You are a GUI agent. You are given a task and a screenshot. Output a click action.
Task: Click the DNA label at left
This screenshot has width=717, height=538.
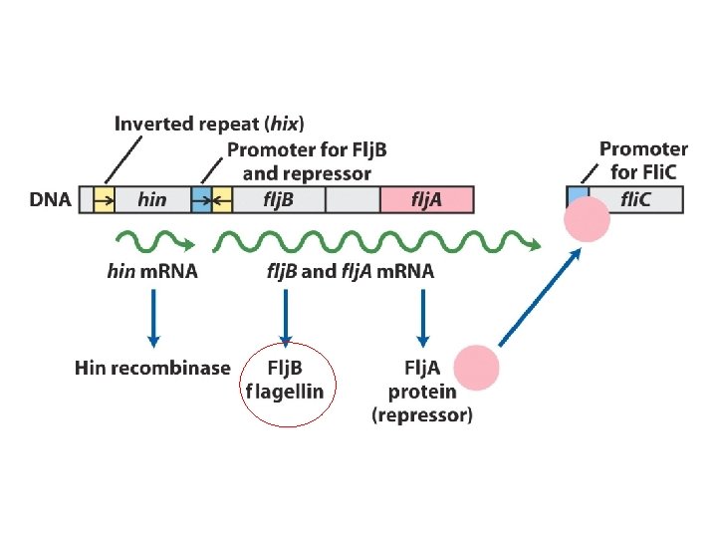pos(50,200)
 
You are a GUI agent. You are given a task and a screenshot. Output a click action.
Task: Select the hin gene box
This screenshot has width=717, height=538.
pos(152,199)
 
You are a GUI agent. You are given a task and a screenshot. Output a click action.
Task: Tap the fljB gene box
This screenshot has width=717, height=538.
pos(277,199)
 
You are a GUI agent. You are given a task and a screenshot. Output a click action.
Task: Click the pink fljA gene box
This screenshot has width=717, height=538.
pos(427,199)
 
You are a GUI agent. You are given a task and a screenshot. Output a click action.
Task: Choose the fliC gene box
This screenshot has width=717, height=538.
pos(637,199)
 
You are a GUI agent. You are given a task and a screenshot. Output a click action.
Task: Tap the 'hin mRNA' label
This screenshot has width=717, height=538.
pos(152,271)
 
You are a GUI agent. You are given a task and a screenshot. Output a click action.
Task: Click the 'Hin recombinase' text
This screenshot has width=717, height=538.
pos(152,368)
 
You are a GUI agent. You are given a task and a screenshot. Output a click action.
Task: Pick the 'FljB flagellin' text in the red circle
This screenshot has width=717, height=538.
pos(286,380)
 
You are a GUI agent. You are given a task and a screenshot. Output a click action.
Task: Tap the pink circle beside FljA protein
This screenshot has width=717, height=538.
pos(476,367)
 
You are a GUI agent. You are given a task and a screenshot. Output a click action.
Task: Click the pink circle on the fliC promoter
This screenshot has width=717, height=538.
pos(588,218)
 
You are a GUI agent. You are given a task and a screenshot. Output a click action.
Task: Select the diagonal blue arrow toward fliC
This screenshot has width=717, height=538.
pos(541,296)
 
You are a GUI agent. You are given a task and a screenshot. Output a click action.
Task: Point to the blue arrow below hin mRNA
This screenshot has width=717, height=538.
pos(153,317)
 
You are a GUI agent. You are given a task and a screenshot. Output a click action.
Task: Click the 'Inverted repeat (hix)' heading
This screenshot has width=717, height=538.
pos(209,125)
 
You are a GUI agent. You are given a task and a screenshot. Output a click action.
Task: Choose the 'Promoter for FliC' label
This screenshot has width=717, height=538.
pos(643,159)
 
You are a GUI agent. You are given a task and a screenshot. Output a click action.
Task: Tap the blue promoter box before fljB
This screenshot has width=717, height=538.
pos(201,199)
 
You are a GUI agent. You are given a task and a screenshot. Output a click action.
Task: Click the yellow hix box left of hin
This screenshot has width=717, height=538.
pos(104,199)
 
